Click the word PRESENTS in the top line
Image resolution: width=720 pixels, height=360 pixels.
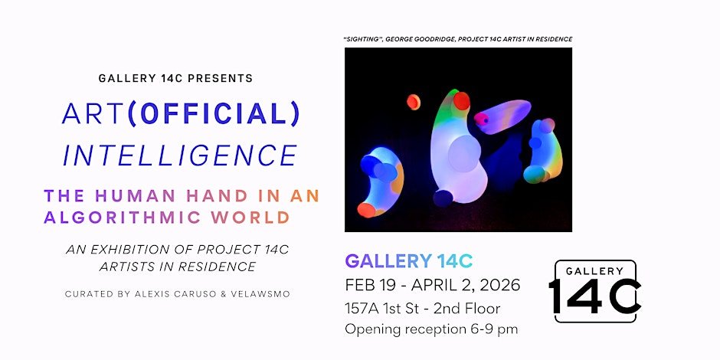tap(221, 79)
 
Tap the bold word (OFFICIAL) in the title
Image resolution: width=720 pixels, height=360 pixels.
tap(214, 114)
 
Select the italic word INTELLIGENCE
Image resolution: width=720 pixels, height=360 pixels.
tap(180, 155)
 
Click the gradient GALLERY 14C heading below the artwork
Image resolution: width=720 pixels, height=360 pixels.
tap(409, 261)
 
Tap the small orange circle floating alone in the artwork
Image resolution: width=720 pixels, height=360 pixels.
tap(414, 102)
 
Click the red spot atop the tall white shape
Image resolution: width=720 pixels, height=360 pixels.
tap(461, 100)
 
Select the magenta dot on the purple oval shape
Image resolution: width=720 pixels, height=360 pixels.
tap(481, 119)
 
